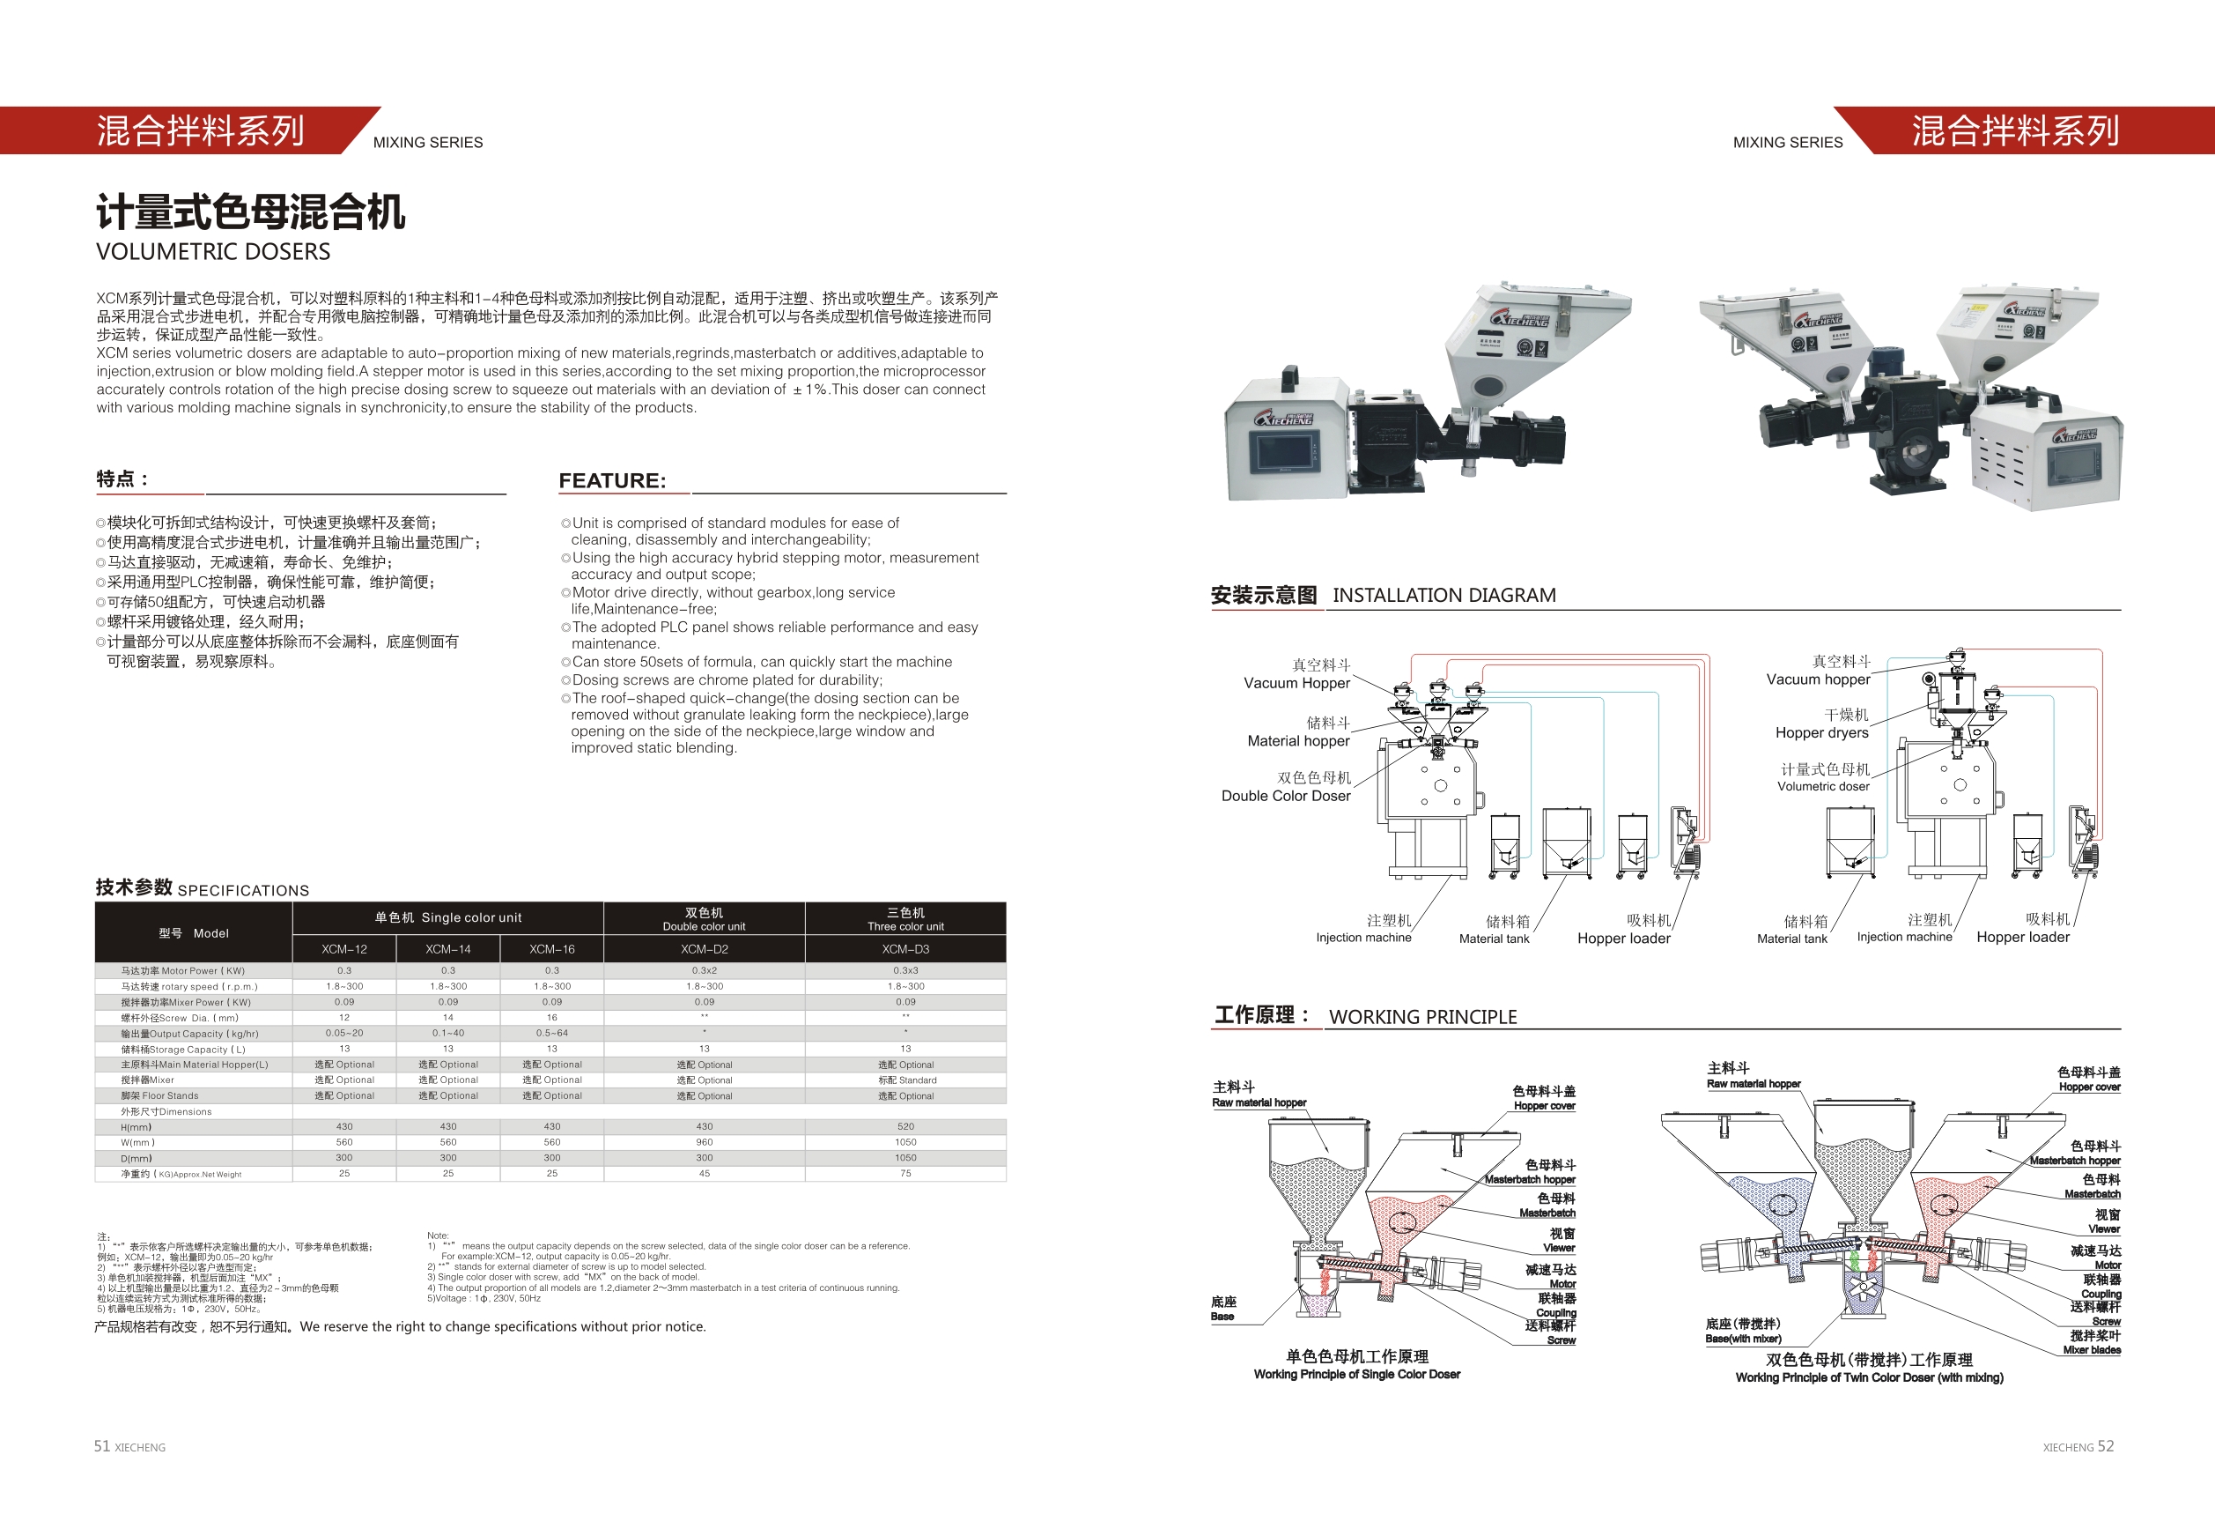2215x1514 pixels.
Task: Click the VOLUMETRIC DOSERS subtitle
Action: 213,252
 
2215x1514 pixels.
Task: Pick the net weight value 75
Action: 904,1174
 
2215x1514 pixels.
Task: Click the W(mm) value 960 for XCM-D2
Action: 704,1142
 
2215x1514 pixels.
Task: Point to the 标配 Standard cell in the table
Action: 906,1080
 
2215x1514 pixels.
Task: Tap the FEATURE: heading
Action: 612,480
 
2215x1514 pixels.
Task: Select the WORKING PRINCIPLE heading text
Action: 1422,1016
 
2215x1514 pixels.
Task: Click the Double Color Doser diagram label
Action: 1286,796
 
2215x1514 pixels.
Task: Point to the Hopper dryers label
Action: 1821,733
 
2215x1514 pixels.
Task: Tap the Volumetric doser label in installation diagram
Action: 1822,787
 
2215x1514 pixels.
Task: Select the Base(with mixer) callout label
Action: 1742,1339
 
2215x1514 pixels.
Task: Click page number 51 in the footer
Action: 102,1446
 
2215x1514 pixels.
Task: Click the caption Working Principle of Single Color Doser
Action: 1356,1374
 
